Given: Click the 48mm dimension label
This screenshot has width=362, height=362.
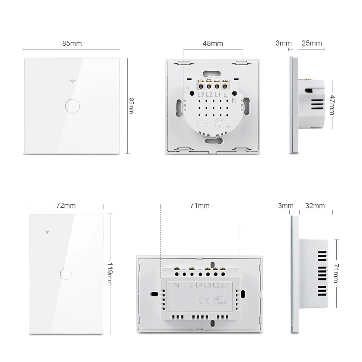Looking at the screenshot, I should pyautogui.click(x=213, y=43).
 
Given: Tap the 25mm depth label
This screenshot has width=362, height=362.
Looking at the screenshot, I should pyautogui.click(x=312, y=43).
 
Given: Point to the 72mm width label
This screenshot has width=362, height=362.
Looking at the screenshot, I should pyautogui.click(x=66, y=206).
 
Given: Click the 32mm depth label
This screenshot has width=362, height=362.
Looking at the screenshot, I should pyautogui.click(x=315, y=206).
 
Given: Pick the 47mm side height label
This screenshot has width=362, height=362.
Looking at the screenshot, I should pyautogui.click(x=332, y=105).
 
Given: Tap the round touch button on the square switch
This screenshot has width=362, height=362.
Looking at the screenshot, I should pyautogui.click(x=72, y=106).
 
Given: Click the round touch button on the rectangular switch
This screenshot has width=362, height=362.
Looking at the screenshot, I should pyautogui.click(x=66, y=273).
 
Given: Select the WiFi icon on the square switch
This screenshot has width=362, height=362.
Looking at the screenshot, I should pyautogui.click(x=72, y=81).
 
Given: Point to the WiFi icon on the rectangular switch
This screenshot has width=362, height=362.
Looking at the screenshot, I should pyautogui.click(x=47, y=232).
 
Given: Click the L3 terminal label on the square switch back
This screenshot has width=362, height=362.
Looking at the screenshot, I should pyautogui.click(x=201, y=94).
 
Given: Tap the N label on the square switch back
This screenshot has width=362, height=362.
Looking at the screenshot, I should pyautogui.click(x=234, y=101).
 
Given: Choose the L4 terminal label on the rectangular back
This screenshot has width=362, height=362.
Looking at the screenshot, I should pyautogui.click(x=199, y=285).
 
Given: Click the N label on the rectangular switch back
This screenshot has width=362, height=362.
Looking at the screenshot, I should pyautogui.click(x=176, y=285).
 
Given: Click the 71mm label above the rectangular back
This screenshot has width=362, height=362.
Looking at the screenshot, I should pyautogui.click(x=200, y=206).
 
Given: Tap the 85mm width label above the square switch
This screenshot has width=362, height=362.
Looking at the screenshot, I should pyautogui.click(x=72, y=43).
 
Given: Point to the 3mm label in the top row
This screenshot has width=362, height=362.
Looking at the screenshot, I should pyautogui.click(x=284, y=43).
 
